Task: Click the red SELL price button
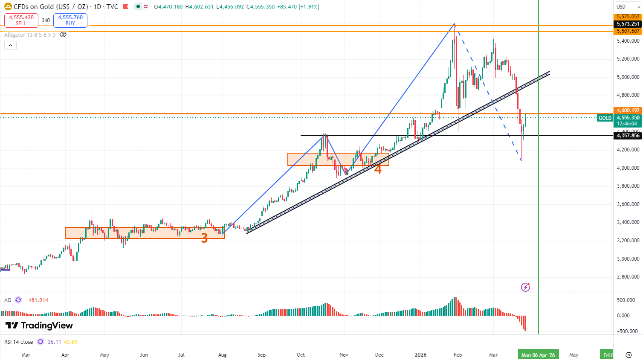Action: tap(21, 20)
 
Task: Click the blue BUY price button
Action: tap(70, 20)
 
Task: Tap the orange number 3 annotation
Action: tap(204, 238)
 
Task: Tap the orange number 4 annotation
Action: tap(378, 169)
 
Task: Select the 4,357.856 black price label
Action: tap(628, 136)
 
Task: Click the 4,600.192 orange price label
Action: tap(628, 110)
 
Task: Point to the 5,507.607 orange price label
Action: tap(628, 31)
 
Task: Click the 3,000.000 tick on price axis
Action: tap(628, 258)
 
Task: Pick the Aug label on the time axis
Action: tap(222, 355)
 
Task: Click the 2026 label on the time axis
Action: tap(420, 355)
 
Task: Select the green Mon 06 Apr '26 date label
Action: tap(538, 355)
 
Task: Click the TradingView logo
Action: tap(39, 326)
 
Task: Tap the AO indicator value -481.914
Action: tap(37, 300)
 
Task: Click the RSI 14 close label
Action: tap(19, 342)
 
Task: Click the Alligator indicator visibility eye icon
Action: tap(63, 35)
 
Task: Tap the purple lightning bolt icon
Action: tap(525, 287)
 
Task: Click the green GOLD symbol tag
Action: tap(605, 118)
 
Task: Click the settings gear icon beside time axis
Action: tap(629, 355)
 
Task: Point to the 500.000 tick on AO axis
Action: tap(626, 300)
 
